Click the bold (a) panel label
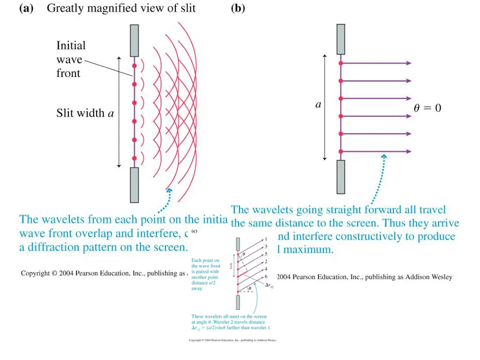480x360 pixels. (26, 8)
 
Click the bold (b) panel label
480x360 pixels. (238, 8)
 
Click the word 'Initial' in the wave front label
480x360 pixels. (71, 45)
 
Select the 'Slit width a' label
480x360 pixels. (85, 113)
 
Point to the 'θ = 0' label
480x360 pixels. (427, 108)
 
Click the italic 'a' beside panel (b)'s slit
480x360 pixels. (318, 105)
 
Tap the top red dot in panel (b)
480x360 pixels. (341, 63)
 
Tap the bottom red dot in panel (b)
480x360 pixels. (341, 151)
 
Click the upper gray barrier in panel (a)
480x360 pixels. (134, 40)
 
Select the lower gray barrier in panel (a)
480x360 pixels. (134, 185)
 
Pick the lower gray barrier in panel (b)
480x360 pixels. (341, 177)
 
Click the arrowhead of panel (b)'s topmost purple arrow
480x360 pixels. (409, 63)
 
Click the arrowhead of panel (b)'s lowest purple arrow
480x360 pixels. (409, 151)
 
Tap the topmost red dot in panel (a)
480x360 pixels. (134, 66)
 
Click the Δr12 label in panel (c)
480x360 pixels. (269, 285)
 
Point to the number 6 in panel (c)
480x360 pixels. (266, 277)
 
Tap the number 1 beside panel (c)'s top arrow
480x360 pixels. (266, 240)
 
